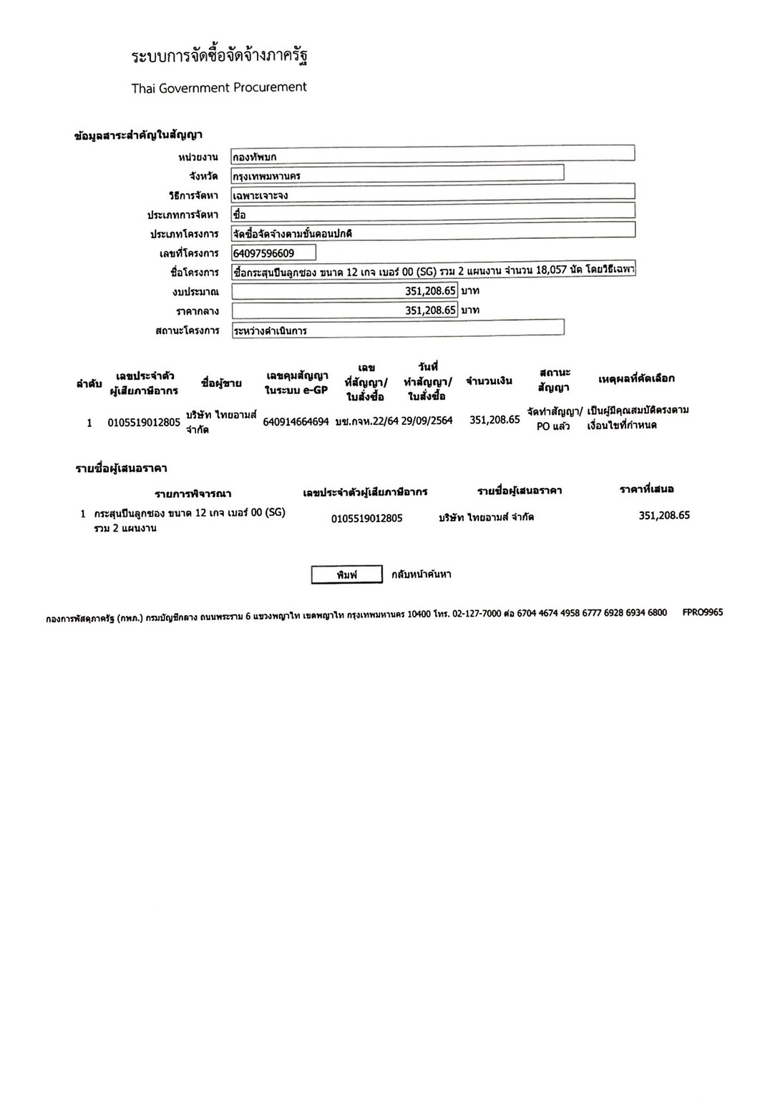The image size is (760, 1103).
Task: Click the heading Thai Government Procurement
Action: click(x=218, y=88)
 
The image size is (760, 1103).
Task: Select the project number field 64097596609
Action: click(x=273, y=253)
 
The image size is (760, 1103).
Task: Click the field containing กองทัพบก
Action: click(x=432, y=155)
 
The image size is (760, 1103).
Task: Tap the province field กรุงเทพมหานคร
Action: click(x=397, y=175)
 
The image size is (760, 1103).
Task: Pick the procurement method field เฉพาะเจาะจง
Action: click(x=432, y=194)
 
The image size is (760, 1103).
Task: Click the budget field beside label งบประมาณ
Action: click(x=344, y=291)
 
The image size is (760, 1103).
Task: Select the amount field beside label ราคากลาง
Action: click(x=344, y=310)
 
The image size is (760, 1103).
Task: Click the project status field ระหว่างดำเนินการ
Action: click(x=397, y=330)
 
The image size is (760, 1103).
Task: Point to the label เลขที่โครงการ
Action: click(x=189, y=254)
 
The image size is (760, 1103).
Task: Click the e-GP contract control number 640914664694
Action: click(x=296, y=422)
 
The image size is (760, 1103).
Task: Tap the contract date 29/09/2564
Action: click(x=427, y=421)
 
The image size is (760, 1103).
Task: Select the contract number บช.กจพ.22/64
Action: click(x=366, y=421)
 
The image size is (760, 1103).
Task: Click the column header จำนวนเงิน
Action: click(x=489, y=381)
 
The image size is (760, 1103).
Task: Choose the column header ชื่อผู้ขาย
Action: click(x=221, y=383)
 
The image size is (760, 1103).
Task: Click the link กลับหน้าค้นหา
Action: click(x=422, y=574)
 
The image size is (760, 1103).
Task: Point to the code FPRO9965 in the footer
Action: click(x=703, y=612)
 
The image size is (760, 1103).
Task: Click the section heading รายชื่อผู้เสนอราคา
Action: click(x=121, y=469)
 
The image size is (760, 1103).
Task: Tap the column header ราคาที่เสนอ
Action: click(x=647, y=489)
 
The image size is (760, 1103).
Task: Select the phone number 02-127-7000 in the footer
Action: click(x=477, y=613)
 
